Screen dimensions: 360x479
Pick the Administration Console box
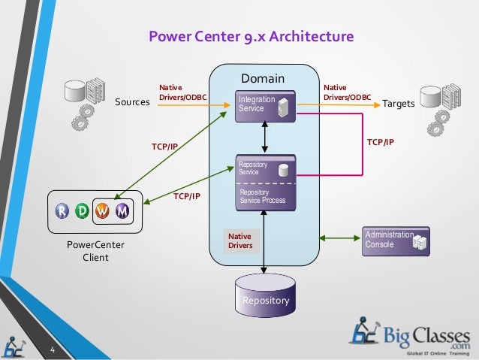click(396, 241)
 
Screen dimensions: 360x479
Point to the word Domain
click(263, 78)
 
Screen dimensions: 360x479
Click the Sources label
click(132, 102)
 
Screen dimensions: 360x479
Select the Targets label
click(399, 102)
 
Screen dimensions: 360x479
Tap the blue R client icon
click(64, 211)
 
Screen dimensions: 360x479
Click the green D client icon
click(83, 211)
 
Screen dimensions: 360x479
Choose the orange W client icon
click(103, 211)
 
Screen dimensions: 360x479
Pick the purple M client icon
click(122, 211)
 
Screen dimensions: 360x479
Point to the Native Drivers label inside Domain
click(240, 241)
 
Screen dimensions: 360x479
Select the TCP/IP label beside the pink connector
click(380, 141)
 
